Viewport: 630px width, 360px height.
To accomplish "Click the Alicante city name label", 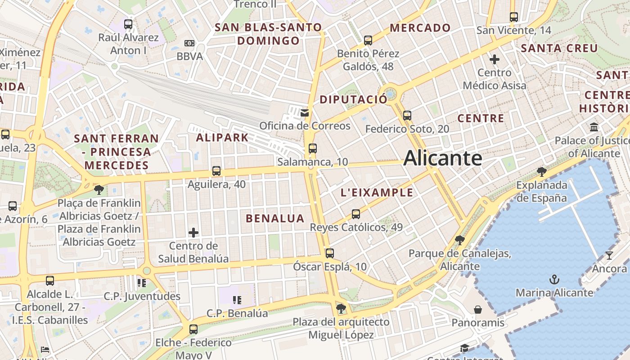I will click(443, 158).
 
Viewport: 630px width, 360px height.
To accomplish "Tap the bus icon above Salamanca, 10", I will click(313, 148).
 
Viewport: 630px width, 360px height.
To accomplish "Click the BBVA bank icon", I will click(189, 43).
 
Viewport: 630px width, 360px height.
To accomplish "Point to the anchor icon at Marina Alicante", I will click(554, 279).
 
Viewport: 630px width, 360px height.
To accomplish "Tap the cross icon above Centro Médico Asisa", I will click(495, 59).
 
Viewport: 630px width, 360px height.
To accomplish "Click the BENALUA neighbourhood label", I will click(275, 219).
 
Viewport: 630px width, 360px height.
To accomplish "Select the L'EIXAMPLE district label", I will click(377, 193).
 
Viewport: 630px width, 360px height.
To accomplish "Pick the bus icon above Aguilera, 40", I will click(216, 171).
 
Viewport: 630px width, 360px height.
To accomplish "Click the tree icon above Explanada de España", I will click(542, 171).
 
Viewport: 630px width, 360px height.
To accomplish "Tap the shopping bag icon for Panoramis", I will click(478, 310).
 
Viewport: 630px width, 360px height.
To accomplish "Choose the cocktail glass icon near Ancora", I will click(609, 255).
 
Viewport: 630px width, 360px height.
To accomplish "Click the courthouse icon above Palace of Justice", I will click(594, 127).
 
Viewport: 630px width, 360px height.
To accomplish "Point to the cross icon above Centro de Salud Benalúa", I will click(193, 233).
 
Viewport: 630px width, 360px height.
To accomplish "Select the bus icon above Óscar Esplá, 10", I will click(330, 253).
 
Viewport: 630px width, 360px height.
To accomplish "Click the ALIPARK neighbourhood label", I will click(222, 138).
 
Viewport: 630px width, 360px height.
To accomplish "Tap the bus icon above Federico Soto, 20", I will click(407, 116).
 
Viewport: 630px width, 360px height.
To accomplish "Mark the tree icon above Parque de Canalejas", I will click(459, 240).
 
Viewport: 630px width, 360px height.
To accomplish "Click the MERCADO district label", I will click(420, 28).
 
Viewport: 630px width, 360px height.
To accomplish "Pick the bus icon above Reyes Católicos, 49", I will click(356, 214).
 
